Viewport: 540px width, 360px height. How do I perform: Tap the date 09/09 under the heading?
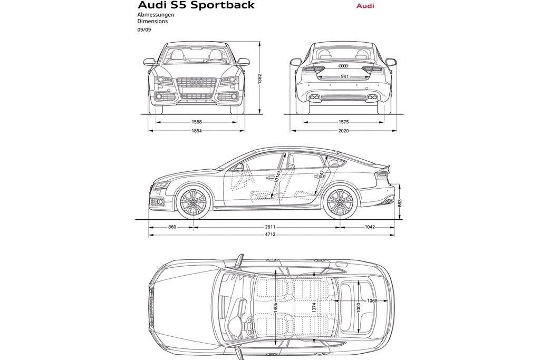click(143, 31)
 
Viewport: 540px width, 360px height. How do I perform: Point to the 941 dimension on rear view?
click(344, 77)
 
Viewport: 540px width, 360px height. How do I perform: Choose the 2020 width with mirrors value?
click(344, 131)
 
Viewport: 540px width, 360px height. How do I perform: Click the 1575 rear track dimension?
click(344, 122)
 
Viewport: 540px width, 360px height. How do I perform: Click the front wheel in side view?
click(192, 202)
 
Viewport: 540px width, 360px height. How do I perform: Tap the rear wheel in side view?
click(339, 202)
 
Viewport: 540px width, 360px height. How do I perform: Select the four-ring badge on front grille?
click(196, 83)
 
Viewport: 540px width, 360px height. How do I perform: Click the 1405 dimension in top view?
click(275, 308)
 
